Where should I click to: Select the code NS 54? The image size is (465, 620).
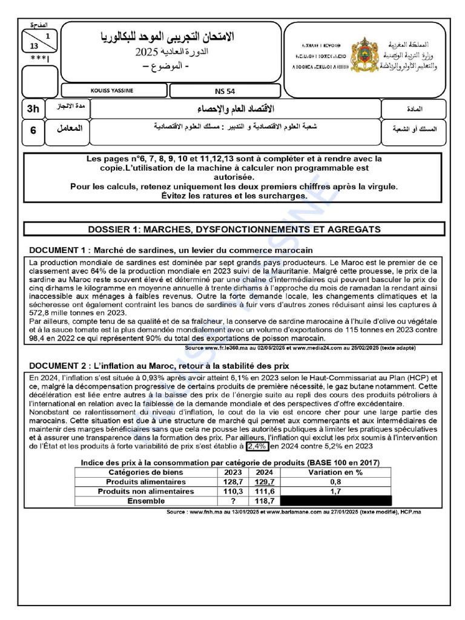[225, 91]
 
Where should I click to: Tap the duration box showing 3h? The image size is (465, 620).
[33, 110]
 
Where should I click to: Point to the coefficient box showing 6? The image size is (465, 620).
[33, 130]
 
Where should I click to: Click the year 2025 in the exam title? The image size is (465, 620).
[148, 52]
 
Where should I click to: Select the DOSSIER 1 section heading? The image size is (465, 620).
[234, 229]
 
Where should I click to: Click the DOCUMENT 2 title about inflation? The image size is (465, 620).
[159, 366]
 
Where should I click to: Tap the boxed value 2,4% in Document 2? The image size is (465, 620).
[257, 446]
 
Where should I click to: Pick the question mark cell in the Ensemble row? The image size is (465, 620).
[233, 501]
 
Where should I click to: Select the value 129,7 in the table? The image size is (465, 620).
[264, 481]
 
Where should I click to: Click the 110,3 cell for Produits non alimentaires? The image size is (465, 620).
[233, 492]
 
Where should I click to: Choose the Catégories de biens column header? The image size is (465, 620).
[146, 472]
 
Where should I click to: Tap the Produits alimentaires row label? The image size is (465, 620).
[146, 481]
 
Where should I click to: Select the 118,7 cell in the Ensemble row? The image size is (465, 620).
[264, 501]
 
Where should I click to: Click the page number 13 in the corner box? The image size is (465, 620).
[33, 46]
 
